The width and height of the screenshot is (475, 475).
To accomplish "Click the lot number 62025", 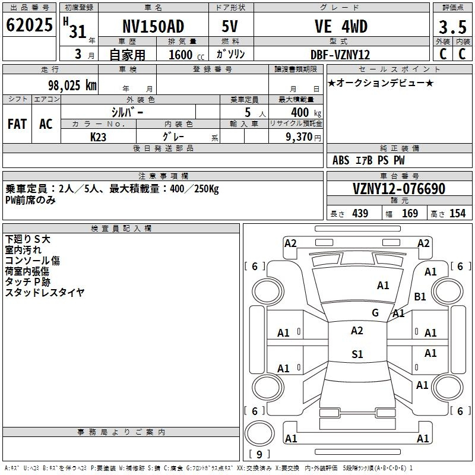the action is point(29,25).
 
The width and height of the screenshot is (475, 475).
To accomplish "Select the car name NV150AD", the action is point(153,26).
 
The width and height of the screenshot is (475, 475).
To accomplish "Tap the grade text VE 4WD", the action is point(341,26).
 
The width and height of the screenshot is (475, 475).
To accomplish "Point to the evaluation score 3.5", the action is point(452,27).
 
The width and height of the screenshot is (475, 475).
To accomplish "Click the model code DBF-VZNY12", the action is point(340,55).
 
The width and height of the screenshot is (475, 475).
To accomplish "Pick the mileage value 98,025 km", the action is point(72,85).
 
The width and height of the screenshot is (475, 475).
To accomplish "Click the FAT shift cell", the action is point(17,124).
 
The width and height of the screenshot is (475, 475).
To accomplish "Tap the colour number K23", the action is point(98,137).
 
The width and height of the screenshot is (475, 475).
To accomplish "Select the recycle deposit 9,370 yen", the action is point(303,137).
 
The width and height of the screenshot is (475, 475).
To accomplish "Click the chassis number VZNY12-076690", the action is point(399,189).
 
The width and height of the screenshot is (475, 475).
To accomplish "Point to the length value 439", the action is point(360,213).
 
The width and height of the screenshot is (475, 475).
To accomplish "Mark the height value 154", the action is point(457,213).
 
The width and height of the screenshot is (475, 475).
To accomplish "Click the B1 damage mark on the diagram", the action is point(420,296).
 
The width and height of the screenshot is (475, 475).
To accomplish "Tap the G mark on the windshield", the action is point(375,312).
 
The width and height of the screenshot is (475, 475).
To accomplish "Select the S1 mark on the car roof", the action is point(357,354).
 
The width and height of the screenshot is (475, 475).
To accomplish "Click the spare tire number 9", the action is point(259,454).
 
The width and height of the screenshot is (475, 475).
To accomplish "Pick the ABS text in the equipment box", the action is point(341,160).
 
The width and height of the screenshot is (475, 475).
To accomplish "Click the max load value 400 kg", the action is point(306,113).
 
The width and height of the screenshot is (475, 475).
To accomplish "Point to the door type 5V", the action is point(230,26).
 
